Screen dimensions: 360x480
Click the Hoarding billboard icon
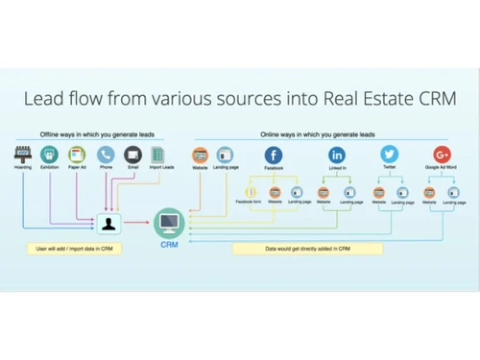(24, 155)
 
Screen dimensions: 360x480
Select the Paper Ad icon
(78, 155)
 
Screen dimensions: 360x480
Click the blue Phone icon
(106, 155)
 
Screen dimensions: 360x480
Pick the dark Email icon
(132, 155)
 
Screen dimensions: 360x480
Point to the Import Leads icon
(159, 155)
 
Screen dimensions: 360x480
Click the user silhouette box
(109, 224)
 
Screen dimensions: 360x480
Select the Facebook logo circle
(274, 155)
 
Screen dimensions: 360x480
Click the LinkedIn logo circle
(337, 155)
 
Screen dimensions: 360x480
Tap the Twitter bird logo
(390, 155)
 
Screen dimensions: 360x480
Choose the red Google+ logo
(442, 155)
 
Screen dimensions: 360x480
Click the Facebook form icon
(252, 191)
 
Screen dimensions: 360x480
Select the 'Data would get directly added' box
(307, 248)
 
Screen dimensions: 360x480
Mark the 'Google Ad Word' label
(442, 168)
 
